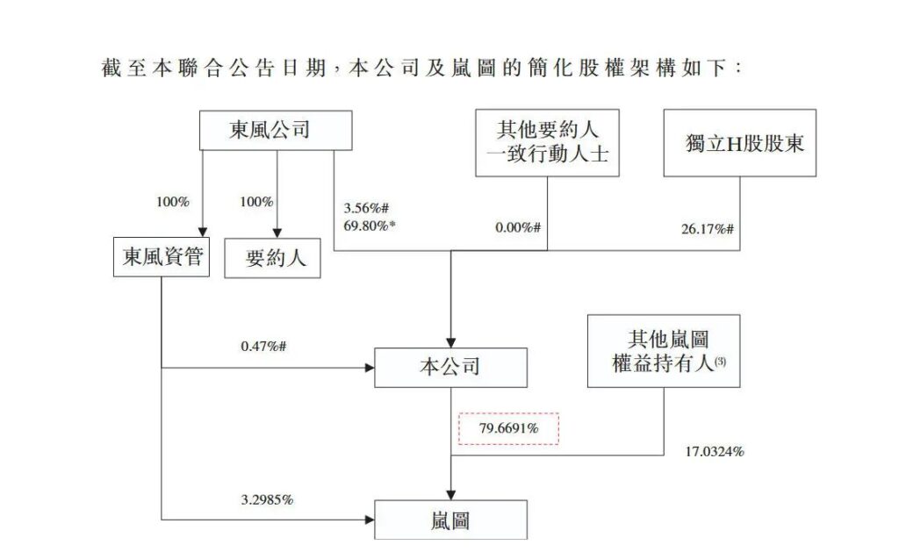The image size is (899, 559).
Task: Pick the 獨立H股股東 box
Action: tap(739, 143)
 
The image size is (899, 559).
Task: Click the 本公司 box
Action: tap(450, 368)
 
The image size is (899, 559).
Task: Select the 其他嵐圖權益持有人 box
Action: tap(663, 351)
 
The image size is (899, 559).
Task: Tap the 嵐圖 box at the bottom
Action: tap(450, 520)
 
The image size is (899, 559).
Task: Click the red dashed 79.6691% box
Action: tap(508, 429)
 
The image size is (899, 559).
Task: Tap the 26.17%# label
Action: tap(707, 229)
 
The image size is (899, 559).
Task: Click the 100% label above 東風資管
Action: tap(173, 202)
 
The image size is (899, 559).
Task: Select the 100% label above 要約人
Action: tap(256, 202)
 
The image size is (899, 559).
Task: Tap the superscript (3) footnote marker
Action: tap(720, 361)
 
